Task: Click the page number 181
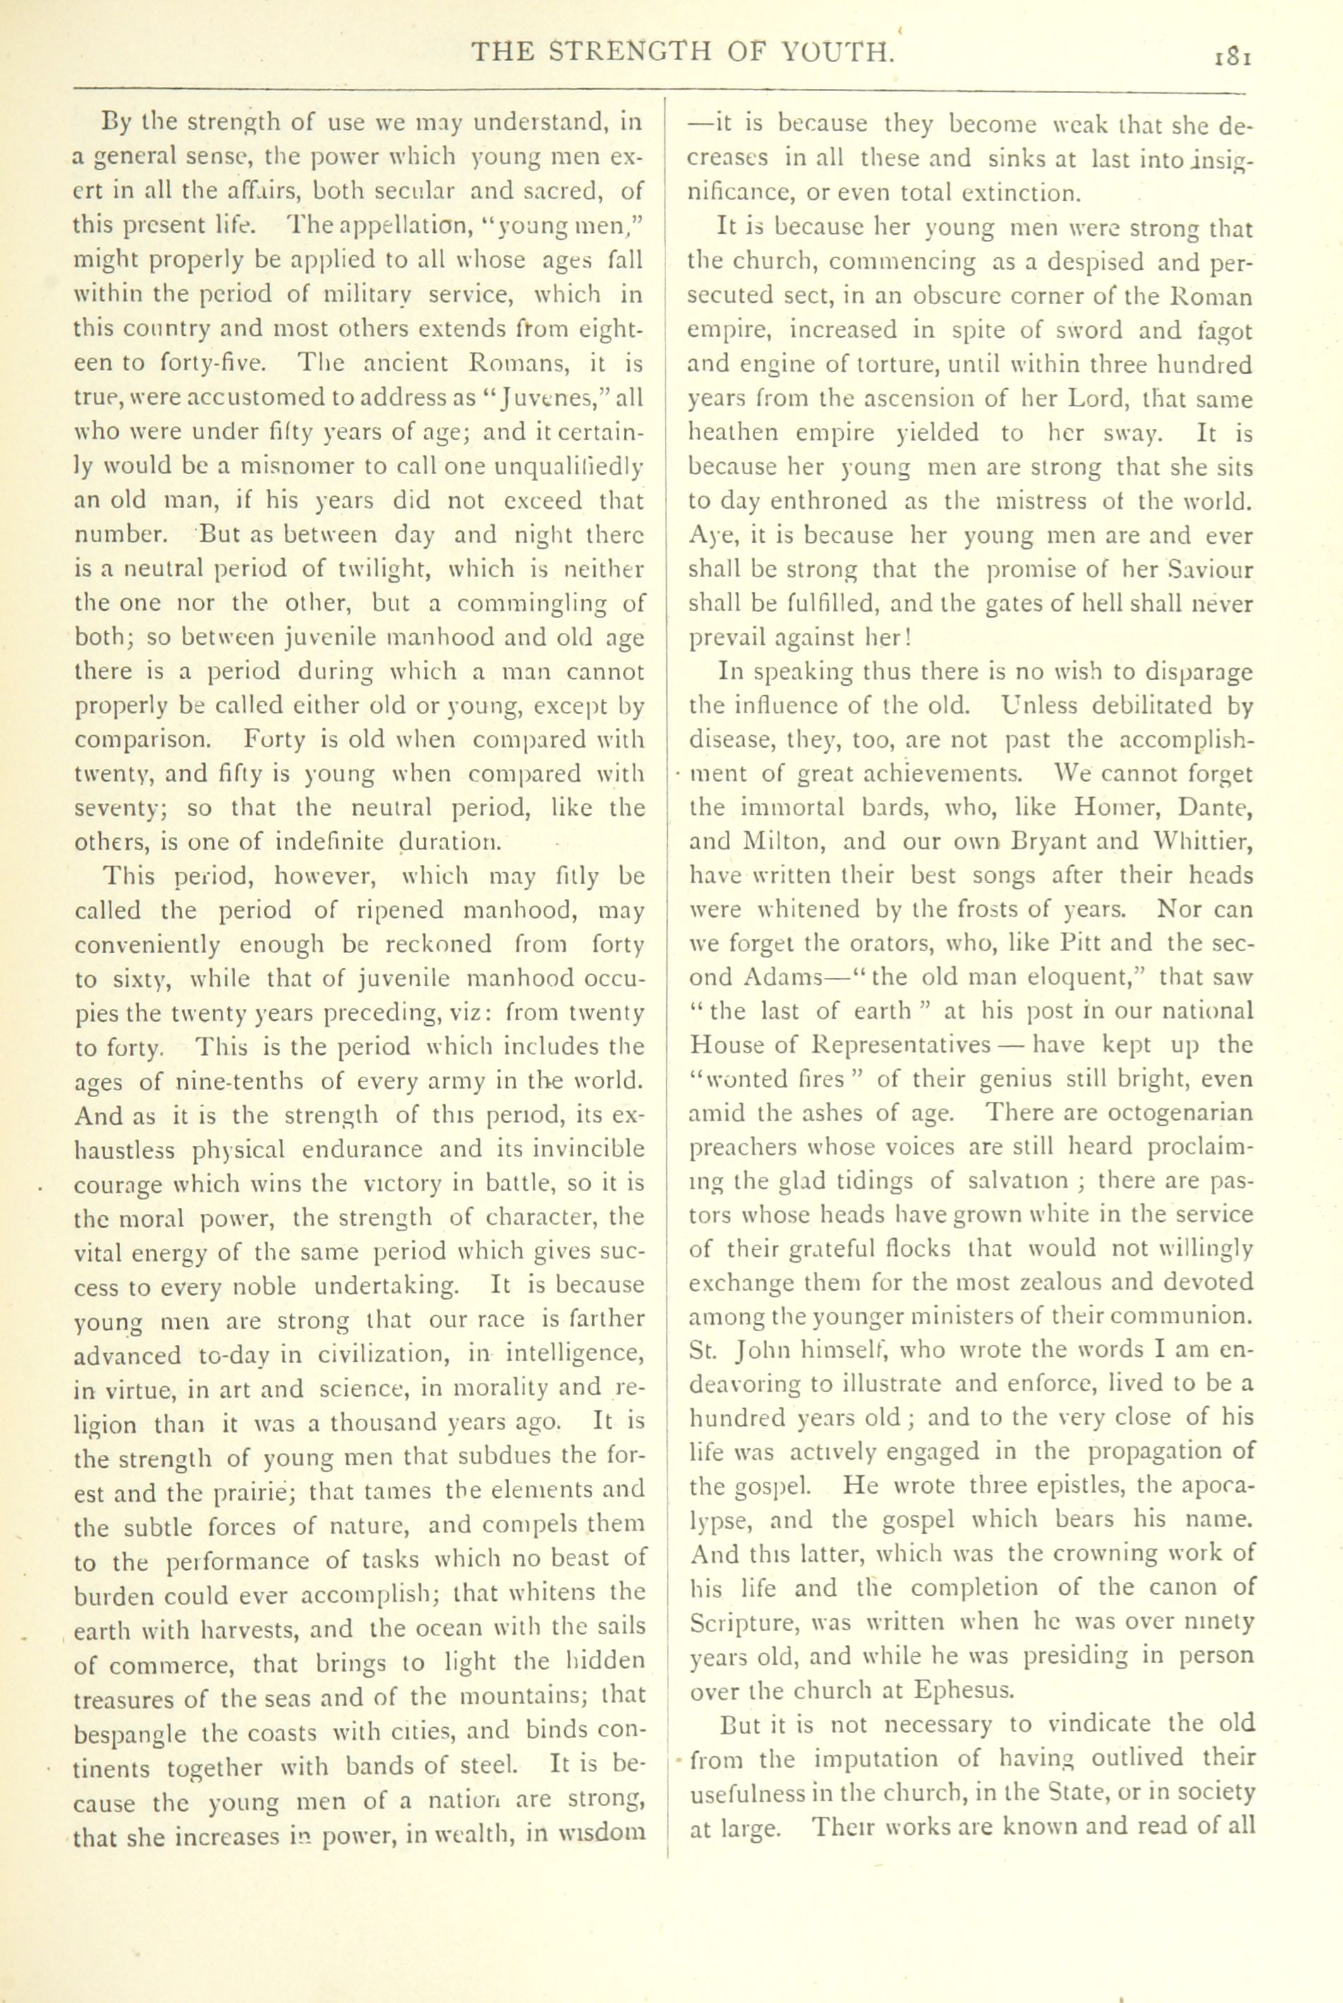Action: point(1234,56)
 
